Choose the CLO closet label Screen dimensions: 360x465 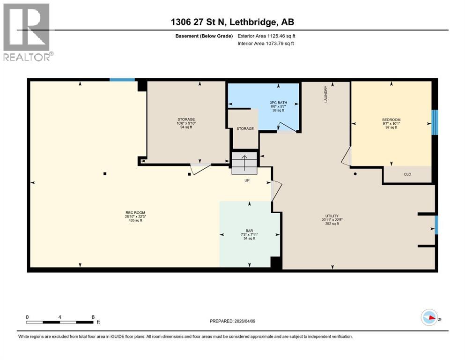(407, 174)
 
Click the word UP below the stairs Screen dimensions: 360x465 (247, 180)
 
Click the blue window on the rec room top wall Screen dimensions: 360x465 (122, 80)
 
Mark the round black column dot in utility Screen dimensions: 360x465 (355, 173)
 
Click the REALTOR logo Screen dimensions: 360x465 (27, 31)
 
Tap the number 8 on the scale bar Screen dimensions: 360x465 (93, 317)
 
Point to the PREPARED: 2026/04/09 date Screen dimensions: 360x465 (232, 321)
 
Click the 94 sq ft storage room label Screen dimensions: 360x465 (186, 127)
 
